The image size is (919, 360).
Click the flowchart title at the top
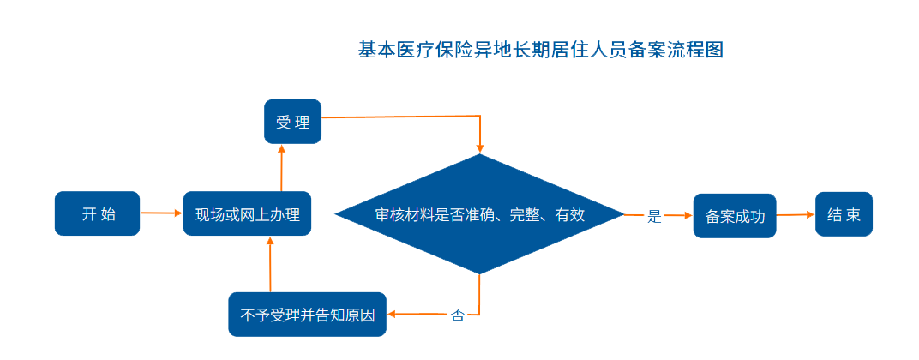coord(541,50)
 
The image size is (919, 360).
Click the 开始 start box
coord(97,213)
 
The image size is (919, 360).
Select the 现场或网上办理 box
coord(247,213)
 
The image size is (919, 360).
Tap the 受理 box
coord(292,122)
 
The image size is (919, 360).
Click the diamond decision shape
coord(479,214)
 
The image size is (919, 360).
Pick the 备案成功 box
coord(734,216)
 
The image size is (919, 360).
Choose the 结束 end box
coord(844,214)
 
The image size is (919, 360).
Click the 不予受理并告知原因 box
coord(308,315)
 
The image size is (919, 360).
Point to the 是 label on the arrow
coord(654,217)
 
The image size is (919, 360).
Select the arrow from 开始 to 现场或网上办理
coord(161,213)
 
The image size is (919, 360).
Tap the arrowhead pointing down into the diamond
coord(480,147)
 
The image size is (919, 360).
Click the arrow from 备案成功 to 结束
coord(795,215)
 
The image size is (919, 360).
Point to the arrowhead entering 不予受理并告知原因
coord(393,314)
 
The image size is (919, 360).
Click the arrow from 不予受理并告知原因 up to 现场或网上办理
coord(270,265)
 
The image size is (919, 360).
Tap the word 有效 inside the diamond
coord(570,214)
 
